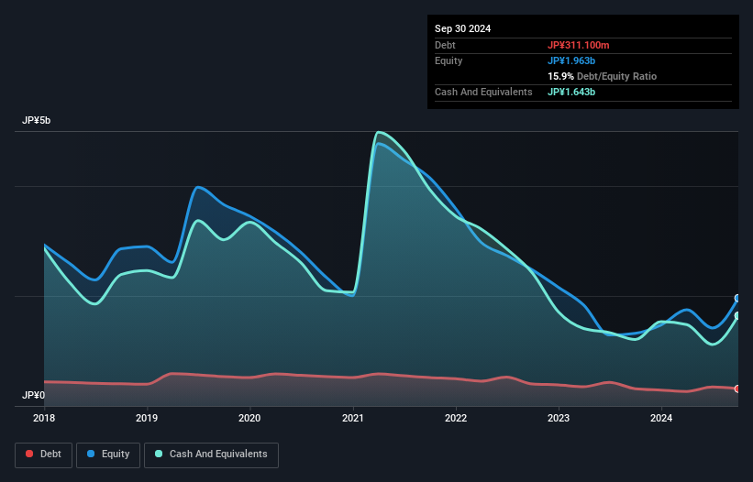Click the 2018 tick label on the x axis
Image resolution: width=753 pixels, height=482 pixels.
[x=44, y=419]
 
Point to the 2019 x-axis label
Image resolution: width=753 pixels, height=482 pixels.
[x=147, y=419]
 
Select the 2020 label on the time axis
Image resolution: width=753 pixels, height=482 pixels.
[x=249, y=419]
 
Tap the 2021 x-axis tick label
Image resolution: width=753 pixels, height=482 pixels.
[x=353, y=419]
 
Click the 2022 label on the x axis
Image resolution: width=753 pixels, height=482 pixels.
[x=456, y=419]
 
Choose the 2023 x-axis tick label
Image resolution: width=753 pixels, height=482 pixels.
[x=559, y=419]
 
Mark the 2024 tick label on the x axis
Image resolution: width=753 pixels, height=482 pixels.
[x=661, y=419]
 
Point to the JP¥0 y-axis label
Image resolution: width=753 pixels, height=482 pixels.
[x=35, y=396]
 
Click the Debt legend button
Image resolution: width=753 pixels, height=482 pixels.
[x=44, y=454]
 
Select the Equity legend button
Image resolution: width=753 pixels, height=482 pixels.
[x=108, y=454]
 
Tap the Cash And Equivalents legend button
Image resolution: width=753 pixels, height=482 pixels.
[x=211, y=454]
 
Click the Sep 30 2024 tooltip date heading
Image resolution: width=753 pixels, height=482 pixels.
[x=462, y=28]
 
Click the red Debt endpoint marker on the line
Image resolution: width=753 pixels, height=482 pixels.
[x=737, y=389]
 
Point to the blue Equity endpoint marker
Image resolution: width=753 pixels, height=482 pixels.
[x=737, y=299]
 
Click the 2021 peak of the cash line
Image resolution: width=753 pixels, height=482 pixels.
[x=378, y=132]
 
